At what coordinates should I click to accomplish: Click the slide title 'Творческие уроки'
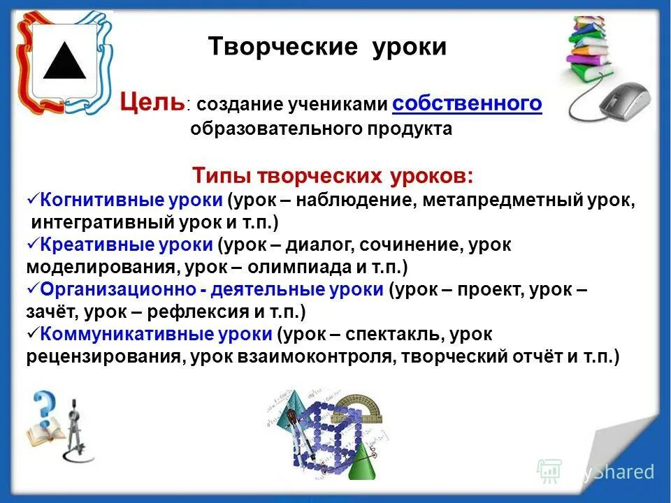327,47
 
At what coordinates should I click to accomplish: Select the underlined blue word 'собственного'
467,103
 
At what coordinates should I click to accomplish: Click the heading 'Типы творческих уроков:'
332,175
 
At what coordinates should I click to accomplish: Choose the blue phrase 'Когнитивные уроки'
131,201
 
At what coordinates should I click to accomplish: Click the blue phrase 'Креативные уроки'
127,245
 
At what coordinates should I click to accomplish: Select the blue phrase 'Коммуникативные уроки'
156,334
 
